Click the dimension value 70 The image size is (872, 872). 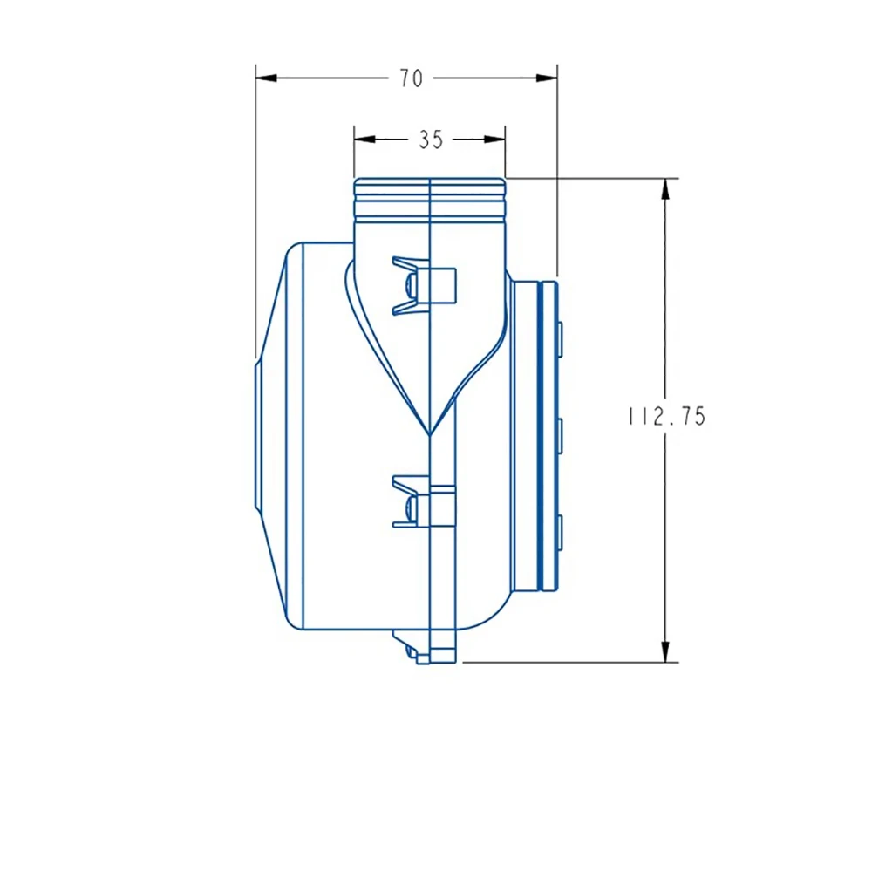pos(412,78)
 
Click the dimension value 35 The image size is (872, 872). pos(431,140)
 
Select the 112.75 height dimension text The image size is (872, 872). pos(667,416)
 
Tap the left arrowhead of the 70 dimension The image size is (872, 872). pos(266,78)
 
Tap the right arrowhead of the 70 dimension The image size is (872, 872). pos(547,78)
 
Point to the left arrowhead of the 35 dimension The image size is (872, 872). pos(364,139)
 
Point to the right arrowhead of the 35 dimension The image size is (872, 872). pos(494,139)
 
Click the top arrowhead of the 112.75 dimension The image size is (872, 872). pos(665,189)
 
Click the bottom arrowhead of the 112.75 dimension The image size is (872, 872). pos(665,651)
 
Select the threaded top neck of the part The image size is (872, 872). pos(430,198)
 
